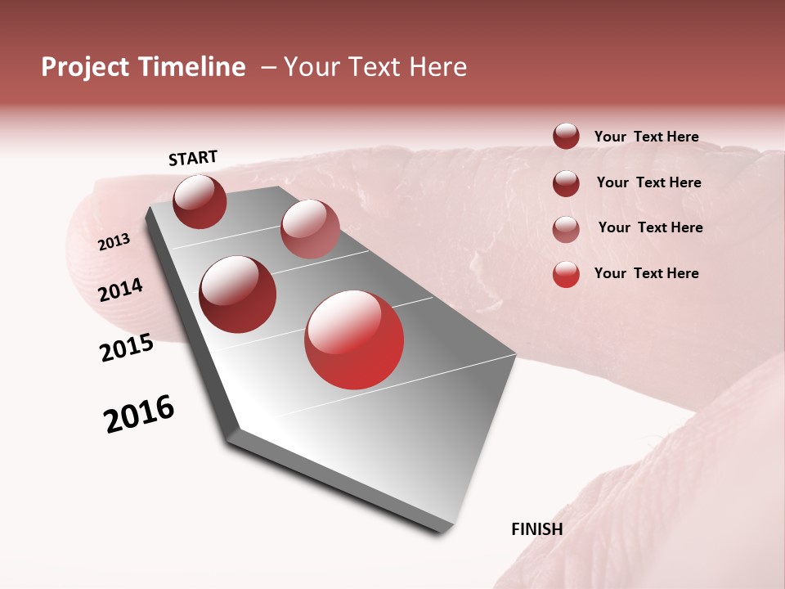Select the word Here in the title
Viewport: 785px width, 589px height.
click(x=437, y=67)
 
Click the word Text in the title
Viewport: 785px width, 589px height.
click(x=376, y=67)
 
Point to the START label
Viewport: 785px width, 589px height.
click(x=193, y=158)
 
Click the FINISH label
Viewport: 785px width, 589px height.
click(x=536, y=529)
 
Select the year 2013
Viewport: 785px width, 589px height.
click(x=114, y=242)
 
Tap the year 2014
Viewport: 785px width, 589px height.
click(x=120, y=290)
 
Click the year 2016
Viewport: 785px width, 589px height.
click(x=139, y=414)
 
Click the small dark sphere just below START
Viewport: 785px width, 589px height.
click(x=200, y=201)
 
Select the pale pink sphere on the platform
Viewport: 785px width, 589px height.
click(x=310, y=228)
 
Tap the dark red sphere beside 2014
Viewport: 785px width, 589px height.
click(x=237, y=294)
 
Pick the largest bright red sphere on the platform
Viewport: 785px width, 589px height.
click(x=354, y=339)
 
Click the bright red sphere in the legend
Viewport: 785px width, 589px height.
click(x=566, y=274)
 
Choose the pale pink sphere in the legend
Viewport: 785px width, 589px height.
click(x=566, y=229)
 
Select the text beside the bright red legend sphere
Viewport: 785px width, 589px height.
click(x=646, y=273)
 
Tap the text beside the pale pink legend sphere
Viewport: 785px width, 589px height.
click(x=650, y=227)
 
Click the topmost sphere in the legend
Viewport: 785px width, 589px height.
click(x=566, y=136)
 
